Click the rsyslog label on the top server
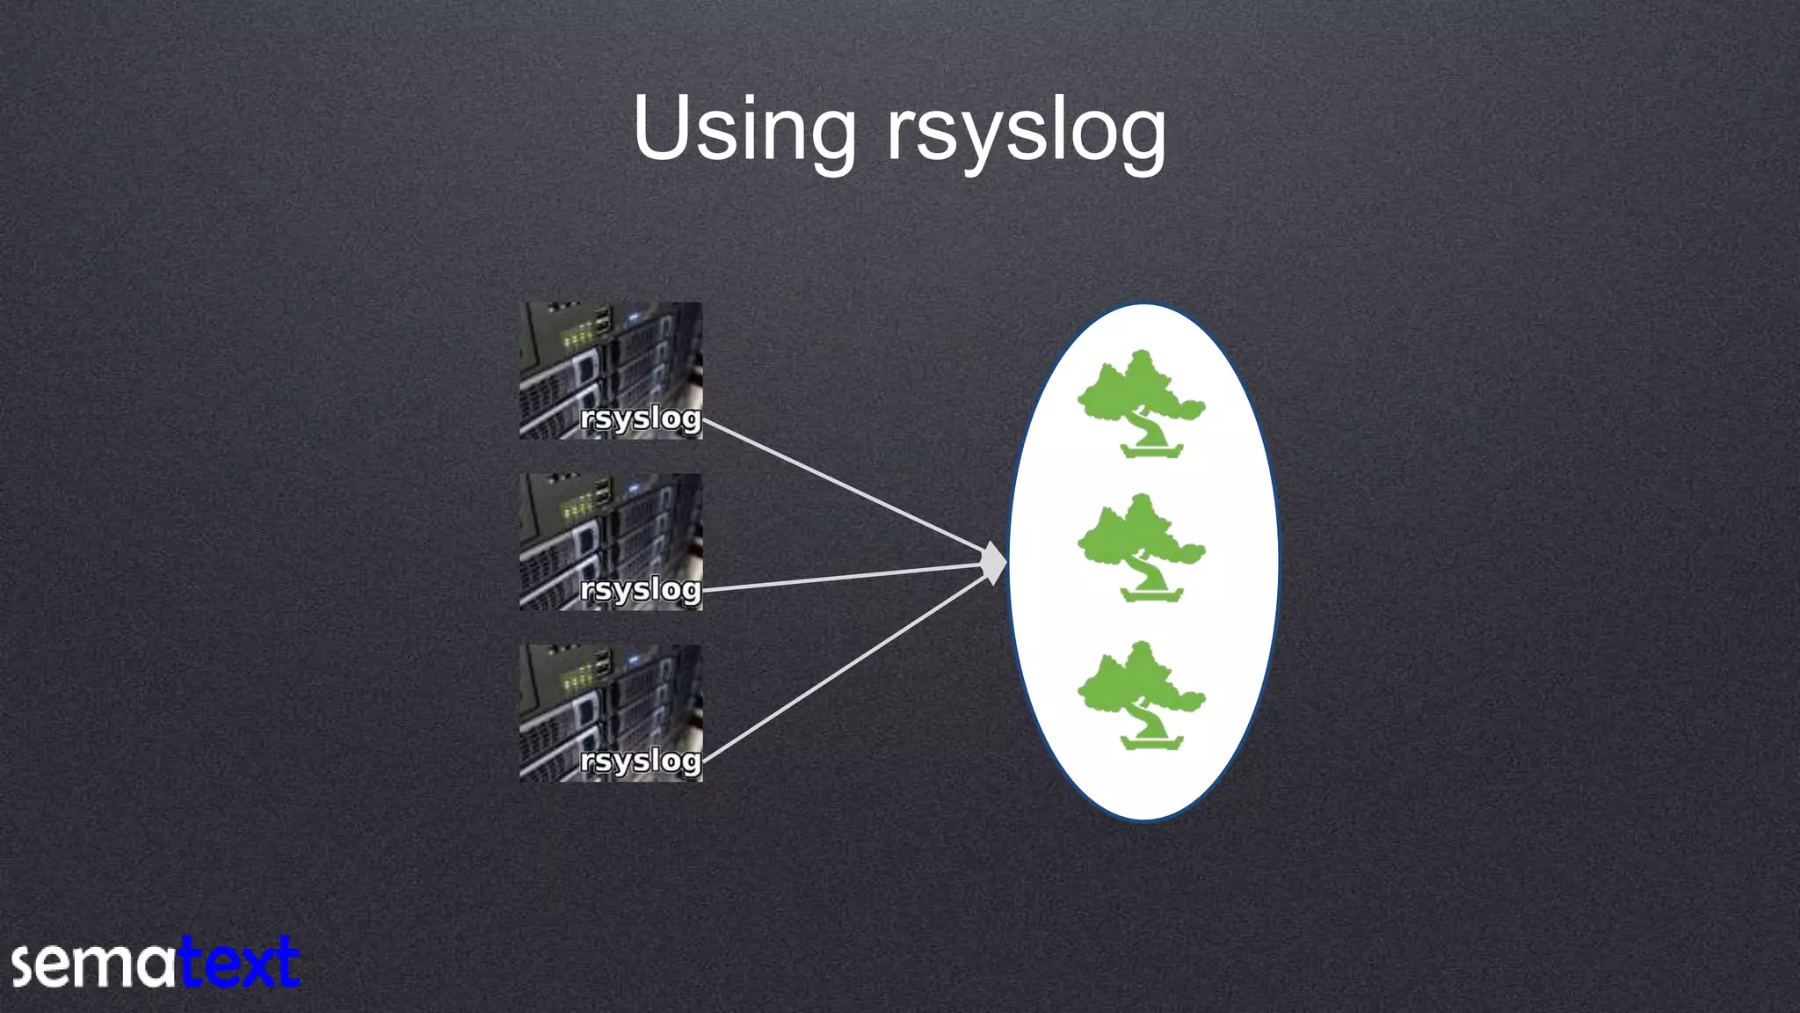(x=640, y=419)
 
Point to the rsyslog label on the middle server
(x=640, y=589)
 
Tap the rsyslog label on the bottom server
(x=640, y=761)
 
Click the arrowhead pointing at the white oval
(x=994, y=563)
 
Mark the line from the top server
(x=844, y=489)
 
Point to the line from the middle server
(x=844, y=577)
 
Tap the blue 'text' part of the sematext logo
(x=239, y=964)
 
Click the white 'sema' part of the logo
(x=93, y=966)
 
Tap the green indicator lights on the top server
(x=576, y=335)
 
